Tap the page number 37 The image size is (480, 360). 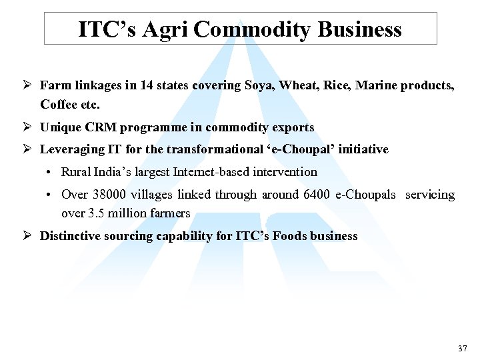click(x=463, y=349)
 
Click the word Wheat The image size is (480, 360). click(x=298, y=85)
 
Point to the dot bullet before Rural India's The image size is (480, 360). click(x=51, y=172)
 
